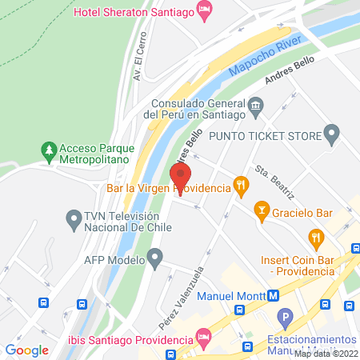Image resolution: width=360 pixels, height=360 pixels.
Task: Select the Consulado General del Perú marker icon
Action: click(255, 104)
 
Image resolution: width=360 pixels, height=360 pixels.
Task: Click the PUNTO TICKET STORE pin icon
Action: click(333, 133)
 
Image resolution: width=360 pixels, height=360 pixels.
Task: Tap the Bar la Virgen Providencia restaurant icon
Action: click(240, 187)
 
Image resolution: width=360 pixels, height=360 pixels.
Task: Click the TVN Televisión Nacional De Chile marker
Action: click(73, 217)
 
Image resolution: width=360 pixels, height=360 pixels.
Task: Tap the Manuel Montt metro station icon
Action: click(274, 294)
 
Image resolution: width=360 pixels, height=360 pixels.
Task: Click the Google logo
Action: click(27, 350)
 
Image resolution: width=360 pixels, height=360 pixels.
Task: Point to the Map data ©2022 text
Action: click(326, 354)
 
